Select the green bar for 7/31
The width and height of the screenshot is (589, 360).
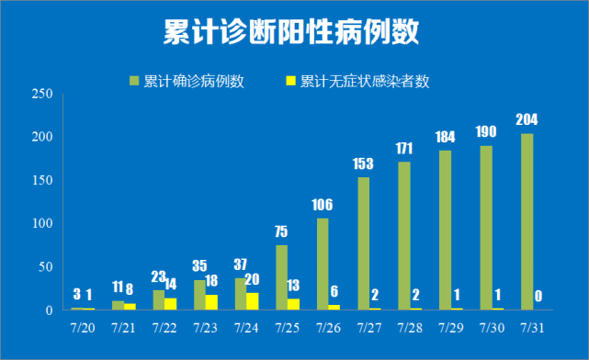527,222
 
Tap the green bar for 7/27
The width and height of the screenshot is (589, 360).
363,243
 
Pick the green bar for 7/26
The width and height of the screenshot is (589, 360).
323,264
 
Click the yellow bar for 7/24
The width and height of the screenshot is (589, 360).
253,301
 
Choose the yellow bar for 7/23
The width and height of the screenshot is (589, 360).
212,302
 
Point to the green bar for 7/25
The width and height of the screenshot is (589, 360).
281,277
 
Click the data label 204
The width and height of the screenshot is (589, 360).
527,119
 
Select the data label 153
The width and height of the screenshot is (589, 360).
363,163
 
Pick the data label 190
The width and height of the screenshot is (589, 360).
486,131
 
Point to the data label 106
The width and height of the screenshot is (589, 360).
323,204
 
